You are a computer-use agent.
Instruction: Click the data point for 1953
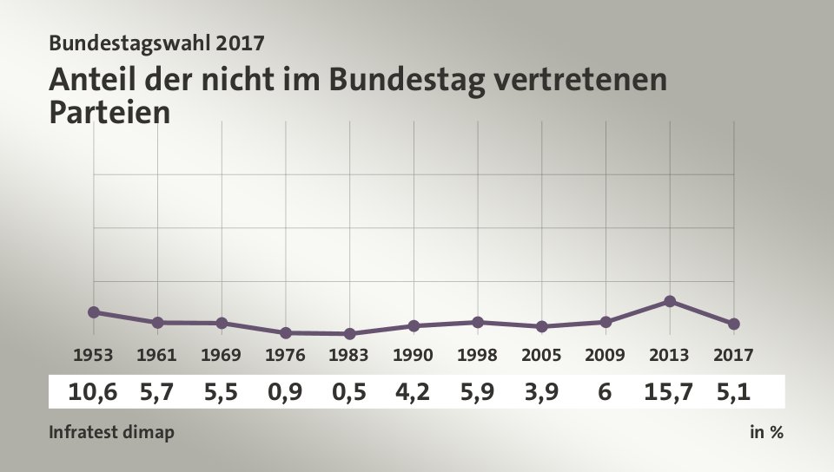tap(94, 311)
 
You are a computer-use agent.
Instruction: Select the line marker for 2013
tap(670, 301)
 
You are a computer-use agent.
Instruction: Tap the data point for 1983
tap(349, 333)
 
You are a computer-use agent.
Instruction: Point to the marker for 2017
tap(734, 324)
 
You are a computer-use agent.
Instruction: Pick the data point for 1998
tap(478, 322)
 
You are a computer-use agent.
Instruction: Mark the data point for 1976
tap(286, 332)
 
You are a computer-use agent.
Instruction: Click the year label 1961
tap(157, 355)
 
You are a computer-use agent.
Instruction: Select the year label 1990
tap(414, 355)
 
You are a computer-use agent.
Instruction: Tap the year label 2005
tap(541, 355)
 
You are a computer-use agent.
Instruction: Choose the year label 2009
tap(606, 355)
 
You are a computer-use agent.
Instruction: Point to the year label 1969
tap(222, 355)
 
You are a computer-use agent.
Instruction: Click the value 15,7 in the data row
tap(669, 392)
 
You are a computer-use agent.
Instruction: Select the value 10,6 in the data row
tap(93, 392)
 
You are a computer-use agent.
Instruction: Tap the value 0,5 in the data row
tap(349, 392)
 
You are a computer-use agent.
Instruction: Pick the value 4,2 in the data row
tap(414, 392)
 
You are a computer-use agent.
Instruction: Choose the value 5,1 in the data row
tap(734, 392)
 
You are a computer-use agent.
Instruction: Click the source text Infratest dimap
tap(111, 432)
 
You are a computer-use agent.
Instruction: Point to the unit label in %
tap(766, 432)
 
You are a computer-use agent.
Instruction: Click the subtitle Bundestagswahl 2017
tap(156, 42)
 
